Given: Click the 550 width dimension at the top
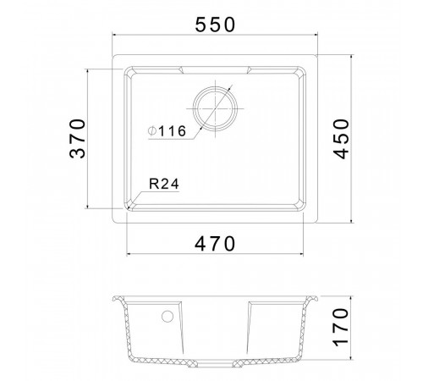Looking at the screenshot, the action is click(215, 25).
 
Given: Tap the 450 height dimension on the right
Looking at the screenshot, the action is click(341, 139).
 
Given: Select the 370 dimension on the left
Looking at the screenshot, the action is click(77, 139).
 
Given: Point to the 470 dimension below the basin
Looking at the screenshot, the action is click(215, 244).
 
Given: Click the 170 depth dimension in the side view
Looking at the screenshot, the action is click(341, 327).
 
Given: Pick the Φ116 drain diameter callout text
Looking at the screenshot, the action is click(167, 131).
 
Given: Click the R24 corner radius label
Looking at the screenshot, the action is click(164, 184).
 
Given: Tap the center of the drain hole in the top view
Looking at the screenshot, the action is click(215, 108).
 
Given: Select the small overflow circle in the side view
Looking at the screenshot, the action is click(168, 317).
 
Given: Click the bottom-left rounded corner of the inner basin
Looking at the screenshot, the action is click(129, 206).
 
